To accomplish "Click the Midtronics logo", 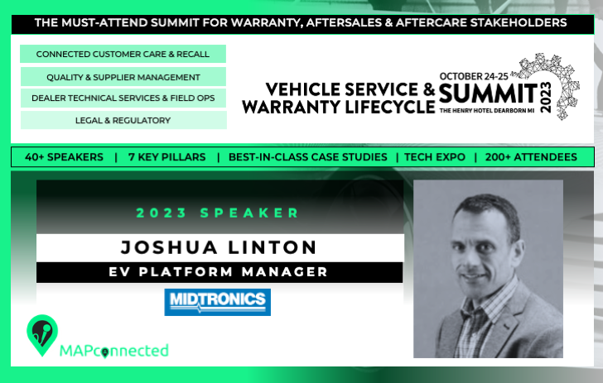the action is [x=217, y=302].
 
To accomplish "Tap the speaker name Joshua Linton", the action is [x=219, y=247].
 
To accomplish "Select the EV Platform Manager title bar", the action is [x=219, y=272].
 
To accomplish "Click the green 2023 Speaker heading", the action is [x=218, y=213].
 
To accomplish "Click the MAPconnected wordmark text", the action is [x=113, y=351].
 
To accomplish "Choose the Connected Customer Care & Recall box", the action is [x=123, y=54].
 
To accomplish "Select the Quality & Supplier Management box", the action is [x=123, y=77].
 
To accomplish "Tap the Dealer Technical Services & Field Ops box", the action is [x=123, y=98].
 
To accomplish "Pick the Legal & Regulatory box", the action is [x=123, y=120].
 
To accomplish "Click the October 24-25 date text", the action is [x=474, y=76].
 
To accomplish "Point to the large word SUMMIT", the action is [x=488, y=93].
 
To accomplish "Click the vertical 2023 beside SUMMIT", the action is [x=546, y=97].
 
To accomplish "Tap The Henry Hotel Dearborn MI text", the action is [x=487, y=111].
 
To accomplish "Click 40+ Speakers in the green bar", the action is [x=64, y=157].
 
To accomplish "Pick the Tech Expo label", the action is [x=435, y=157].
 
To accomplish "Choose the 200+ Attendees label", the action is [x=531, y=157].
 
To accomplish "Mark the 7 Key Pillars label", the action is [x=167, y=157].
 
